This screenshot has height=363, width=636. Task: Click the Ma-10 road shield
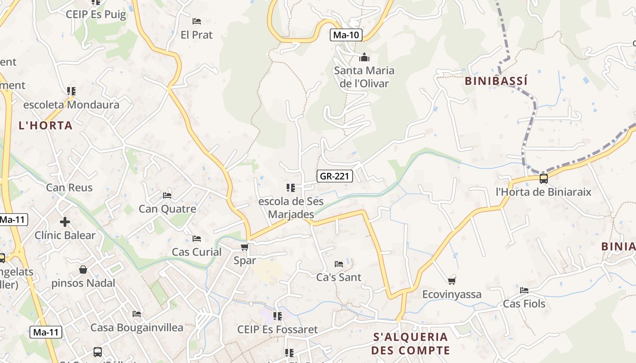tap(346, 35)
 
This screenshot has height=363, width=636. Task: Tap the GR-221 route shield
tap(334, 176)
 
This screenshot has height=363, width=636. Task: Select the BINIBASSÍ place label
tap(496, 81)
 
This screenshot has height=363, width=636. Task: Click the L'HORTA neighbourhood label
tap(45, 125)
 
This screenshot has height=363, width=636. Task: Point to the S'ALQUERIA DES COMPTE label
tap(410, 343)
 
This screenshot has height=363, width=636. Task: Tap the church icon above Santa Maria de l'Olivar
tap(364, 58)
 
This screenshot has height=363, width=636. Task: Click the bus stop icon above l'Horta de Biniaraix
tap(543, 178)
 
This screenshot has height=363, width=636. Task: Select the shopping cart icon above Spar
tap(244, 247)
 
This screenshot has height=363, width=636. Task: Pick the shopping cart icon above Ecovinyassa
tap(452, 281)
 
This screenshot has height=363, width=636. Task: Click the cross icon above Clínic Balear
tap(65, 222)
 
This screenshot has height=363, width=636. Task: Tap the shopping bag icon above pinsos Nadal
tap(83, 270)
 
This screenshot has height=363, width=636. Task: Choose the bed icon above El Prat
tap(197, 21)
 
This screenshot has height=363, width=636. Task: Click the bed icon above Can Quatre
tap(167, 196)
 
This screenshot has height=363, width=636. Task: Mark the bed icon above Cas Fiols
tap(524, 290)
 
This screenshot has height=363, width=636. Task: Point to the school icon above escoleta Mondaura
tap(71, 91)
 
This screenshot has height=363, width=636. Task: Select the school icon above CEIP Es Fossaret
tap(277, 316)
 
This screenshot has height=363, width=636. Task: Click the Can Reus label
tap(69, 187)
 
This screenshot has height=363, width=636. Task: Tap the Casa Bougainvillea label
tap(137, 327)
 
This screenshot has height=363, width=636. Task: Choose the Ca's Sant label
tap(339, 277)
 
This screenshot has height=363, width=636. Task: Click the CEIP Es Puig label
tap(96, 14)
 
